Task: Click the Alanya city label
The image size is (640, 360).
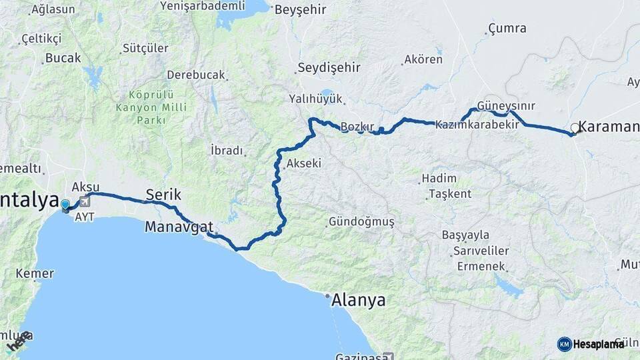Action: [x=359, y=301]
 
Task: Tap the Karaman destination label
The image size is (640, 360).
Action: [x=609, y=126]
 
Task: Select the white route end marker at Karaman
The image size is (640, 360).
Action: [x=575, y=127]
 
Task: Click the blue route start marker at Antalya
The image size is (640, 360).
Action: [x=65, y=205]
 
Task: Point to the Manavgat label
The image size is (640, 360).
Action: [x=179, y=227]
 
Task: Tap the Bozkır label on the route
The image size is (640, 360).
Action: [x=359, y=127]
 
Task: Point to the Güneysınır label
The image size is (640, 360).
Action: [x=505, y=107]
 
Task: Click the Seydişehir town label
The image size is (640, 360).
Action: [x=329, y=68]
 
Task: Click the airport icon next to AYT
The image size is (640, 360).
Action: [x=85, y=201]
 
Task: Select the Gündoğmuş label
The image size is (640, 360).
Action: [x=361, y=221]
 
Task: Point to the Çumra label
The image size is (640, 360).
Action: [x=507, y=29]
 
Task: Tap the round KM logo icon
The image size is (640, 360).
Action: [x=564, y=344]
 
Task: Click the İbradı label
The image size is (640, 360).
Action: [x=227, y=151]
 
